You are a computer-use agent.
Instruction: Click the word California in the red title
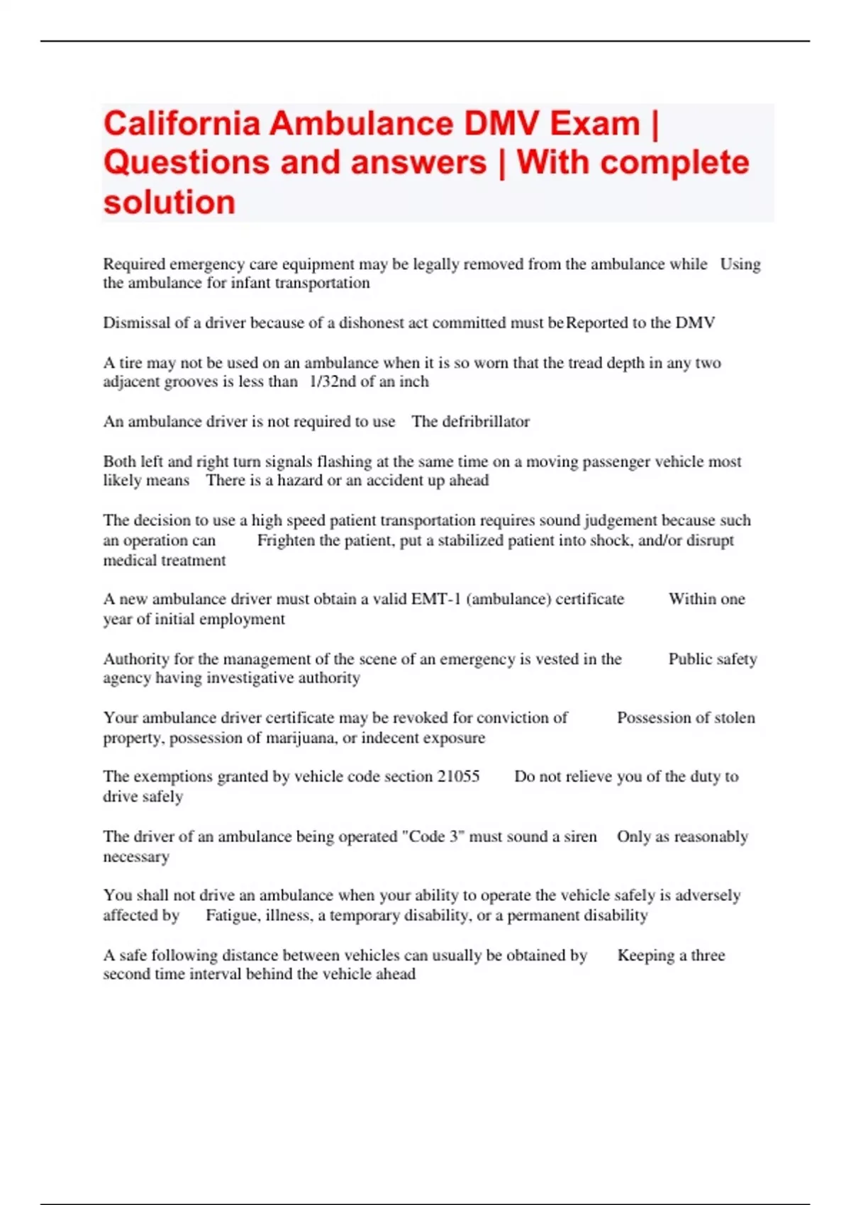coord(182,124)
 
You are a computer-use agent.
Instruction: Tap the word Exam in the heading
coord(595,124)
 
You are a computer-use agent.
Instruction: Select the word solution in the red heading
coord(169,202)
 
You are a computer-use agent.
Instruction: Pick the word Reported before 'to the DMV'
coord(597,323)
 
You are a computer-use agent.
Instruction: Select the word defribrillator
coord(486,422)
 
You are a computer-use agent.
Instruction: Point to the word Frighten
coord(286,540)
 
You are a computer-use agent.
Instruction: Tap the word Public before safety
coord(689,659)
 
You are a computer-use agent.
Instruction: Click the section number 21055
coord(458,777)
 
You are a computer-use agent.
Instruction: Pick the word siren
coord(580,836)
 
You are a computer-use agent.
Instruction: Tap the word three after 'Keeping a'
coord(708,955)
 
